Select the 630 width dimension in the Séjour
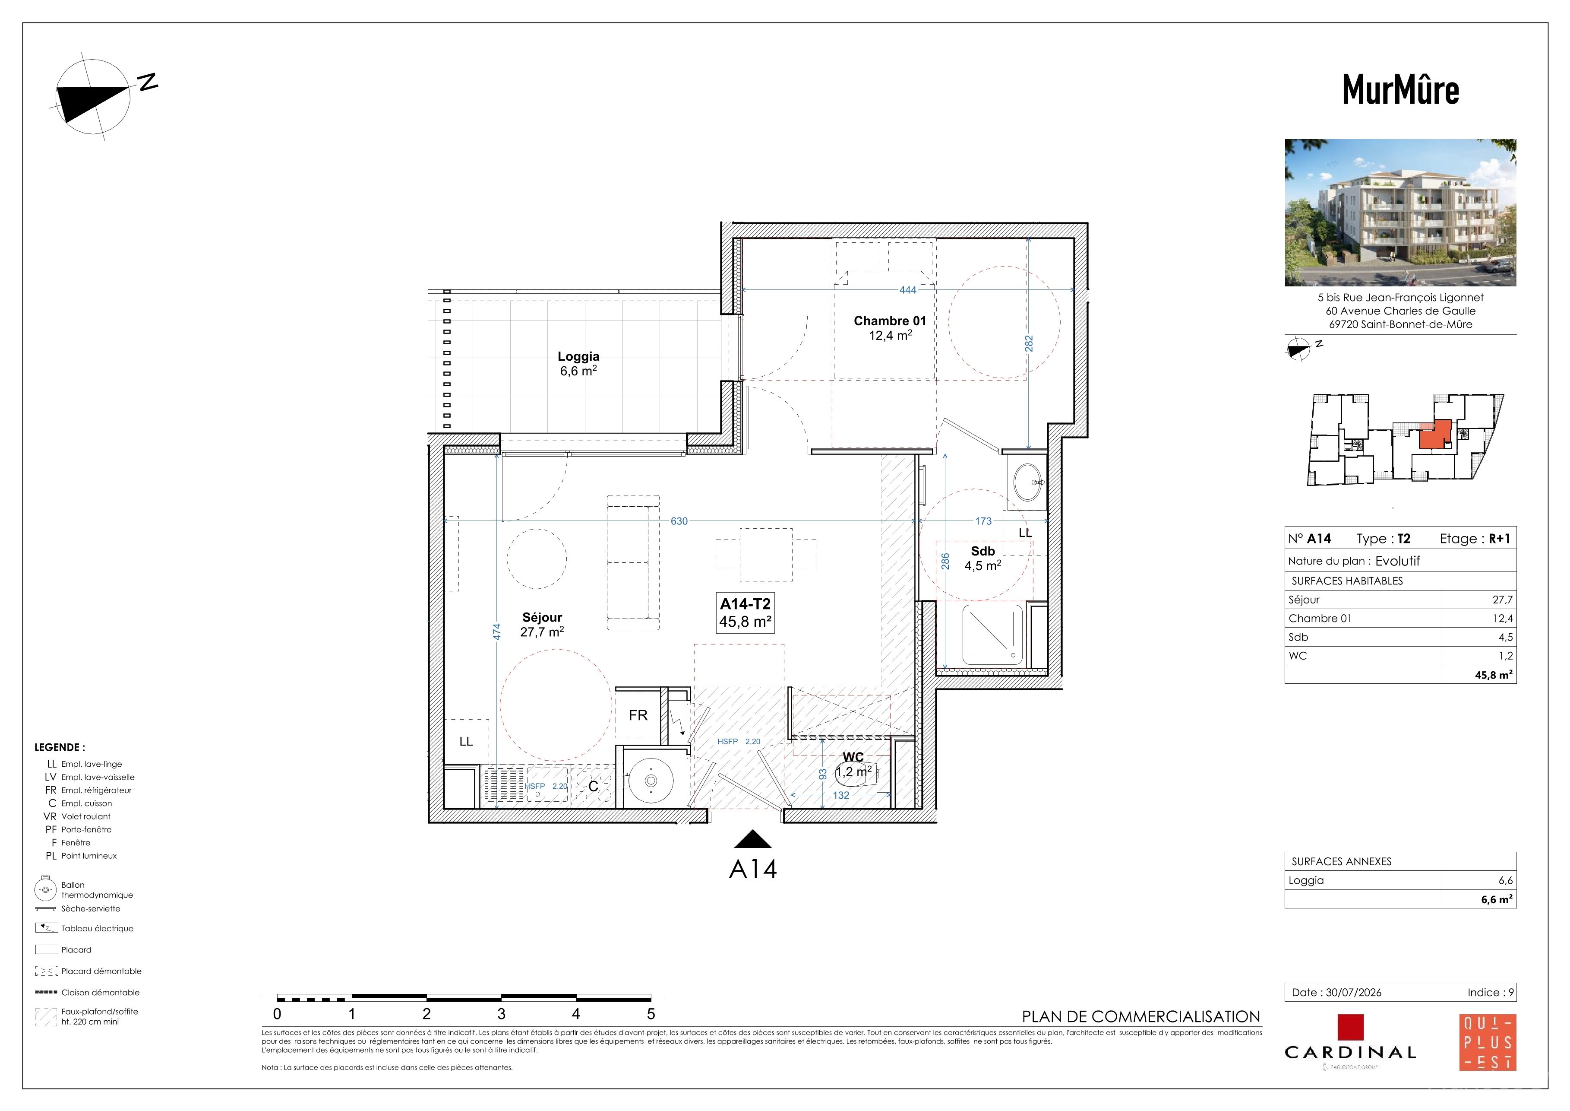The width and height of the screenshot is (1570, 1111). point(679,521)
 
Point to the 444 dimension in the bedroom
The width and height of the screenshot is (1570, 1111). point(907,290)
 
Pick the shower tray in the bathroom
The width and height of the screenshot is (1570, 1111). point(992,635)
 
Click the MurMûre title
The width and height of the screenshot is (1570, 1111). point(1400,89)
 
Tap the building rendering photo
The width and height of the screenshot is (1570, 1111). point(1400,213)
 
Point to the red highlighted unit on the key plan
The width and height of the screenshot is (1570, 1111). point(1434,435)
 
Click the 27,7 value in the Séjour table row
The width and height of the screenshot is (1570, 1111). point(1502,600)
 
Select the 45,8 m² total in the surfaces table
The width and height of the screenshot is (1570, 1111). point(1494,675)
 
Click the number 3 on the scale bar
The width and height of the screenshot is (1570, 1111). point(501,1014)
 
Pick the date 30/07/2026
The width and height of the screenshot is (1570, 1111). point(1353,993)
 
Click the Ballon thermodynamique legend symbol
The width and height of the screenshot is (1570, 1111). point(46,889)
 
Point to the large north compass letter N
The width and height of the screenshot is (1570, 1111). point(148,82)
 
